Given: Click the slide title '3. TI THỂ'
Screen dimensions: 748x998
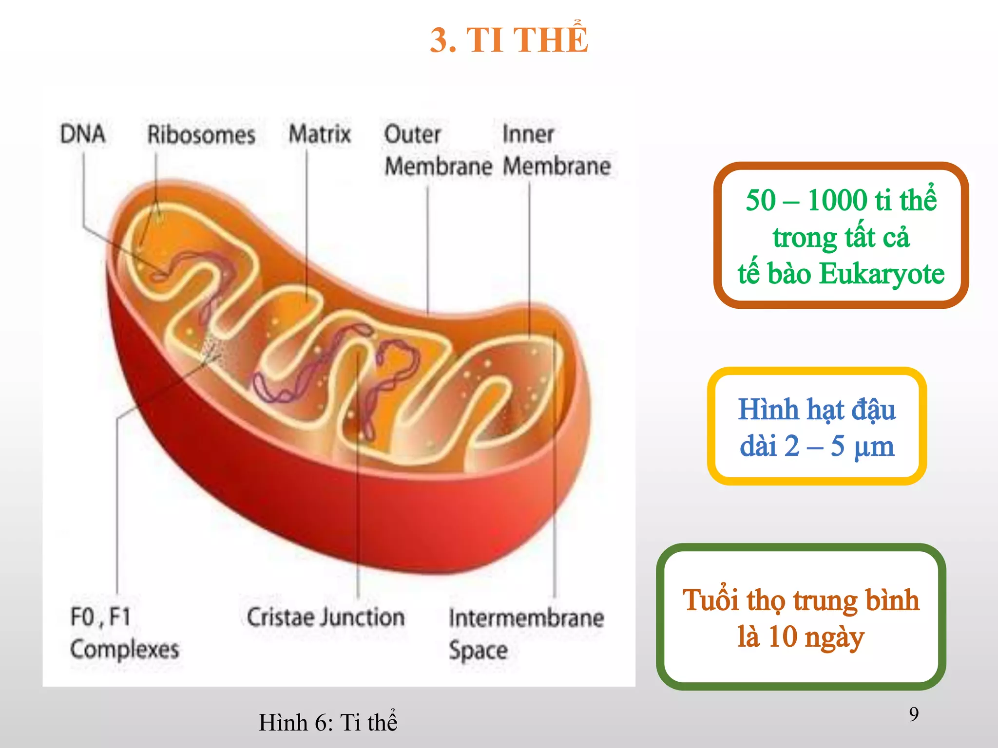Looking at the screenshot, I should pyautogui.click(x=509, y=40).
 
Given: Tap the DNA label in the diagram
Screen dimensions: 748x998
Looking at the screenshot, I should pyautogui.click(x=82, y=134).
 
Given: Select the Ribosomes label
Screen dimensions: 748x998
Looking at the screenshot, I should pyautogui.click(x=201, y=135).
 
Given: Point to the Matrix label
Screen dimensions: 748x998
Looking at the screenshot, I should pyautogui.click(x=320, y=134).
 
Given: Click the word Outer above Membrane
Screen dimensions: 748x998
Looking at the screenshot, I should pyautogui.click(x=412, y=134).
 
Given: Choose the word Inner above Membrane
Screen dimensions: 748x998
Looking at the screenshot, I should pyautogui.click(x=528, y=134).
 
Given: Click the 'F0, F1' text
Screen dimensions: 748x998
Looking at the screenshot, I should pyautogui.click(x=101, y=617).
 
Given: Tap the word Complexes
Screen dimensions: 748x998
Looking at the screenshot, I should pyautogui.click(x=125, y=649).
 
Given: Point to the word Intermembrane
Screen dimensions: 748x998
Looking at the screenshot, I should pyautogui.click(x=526, y=618).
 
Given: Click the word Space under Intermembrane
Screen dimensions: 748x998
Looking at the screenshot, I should pyautogui.click(x=478, y=651).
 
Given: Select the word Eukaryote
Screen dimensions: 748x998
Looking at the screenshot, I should pyautogui.click(x=882, y=274).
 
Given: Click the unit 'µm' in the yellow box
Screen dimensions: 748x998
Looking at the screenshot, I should pyautogui.click(x=874, y=446).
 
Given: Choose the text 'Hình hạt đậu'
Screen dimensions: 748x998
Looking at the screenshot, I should pyautogui.click(x=817, y=410).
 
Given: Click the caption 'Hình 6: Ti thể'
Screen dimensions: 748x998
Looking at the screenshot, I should pyautogui.click(x=328, y=722).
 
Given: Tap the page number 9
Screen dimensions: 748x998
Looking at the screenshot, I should pyautogui.click(x=914, y=714).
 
